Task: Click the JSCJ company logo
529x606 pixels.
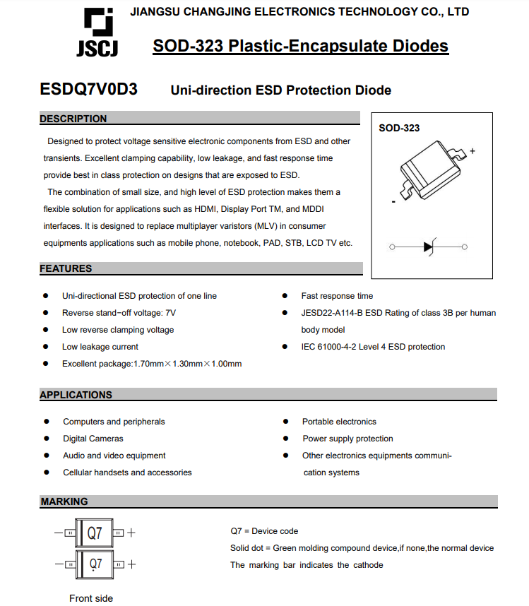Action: click(97, 32)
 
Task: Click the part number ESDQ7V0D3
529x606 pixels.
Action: click(89, 90)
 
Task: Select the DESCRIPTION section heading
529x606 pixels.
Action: click(73, 119)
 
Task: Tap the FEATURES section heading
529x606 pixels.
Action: click(66, 268)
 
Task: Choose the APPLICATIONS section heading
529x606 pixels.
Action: click(76, 395)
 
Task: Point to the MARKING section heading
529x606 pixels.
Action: click(64, 501)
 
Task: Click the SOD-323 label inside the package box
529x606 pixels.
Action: click(399, 128)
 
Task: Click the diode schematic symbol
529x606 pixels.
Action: click(429, 246)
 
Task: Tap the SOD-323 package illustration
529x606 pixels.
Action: click(428, 173)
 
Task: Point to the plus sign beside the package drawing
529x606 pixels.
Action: click(472, 150)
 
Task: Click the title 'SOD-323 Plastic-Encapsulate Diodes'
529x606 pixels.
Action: click(300, 47)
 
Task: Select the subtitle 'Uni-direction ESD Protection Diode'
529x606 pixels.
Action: click(280, 90)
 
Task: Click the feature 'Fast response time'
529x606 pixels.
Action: click(337, 296)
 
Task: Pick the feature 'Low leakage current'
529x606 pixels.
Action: click(100, 347)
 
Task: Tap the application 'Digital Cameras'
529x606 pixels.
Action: click(93, 439)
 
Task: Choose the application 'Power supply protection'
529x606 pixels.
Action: click(347, 439)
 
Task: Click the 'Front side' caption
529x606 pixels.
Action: click(91, 598)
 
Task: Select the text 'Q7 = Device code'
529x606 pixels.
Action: click(264, 531)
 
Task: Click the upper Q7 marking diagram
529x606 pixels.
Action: click(95, 533)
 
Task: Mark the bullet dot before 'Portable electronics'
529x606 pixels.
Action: click(285, 422)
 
